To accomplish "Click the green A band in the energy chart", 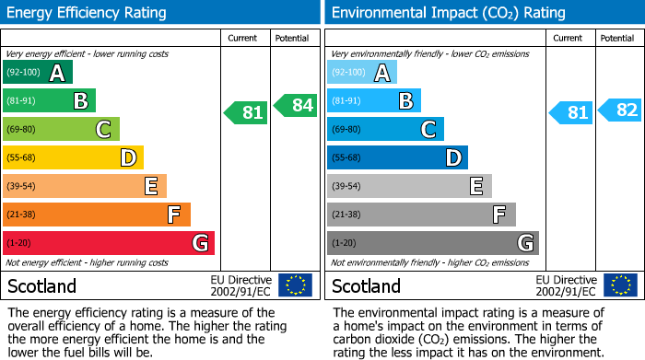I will coord(38,72).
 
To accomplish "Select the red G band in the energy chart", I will coord(109,243).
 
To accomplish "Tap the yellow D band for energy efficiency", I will coord(73,157).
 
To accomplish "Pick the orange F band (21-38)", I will coord(97,215).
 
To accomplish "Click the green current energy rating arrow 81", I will coord(247,113).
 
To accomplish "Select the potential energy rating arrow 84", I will coord(296,105).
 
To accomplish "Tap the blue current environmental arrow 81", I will coord(571,113).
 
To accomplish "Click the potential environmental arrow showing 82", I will coord(620,110).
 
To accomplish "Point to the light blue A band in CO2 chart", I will coord(362,72).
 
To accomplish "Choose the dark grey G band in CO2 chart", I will coord(433,243).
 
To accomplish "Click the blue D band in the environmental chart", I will coord(397,157).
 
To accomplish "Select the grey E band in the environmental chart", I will coord(409,186).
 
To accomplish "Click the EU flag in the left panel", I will coord(295,285).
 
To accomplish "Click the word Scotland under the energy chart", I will coord(41,285).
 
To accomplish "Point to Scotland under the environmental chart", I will coord(366,285).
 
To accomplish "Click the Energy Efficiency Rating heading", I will coord(88,13).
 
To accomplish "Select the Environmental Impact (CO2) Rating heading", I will coord(448,13).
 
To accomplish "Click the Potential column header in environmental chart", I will coord(617,38).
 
